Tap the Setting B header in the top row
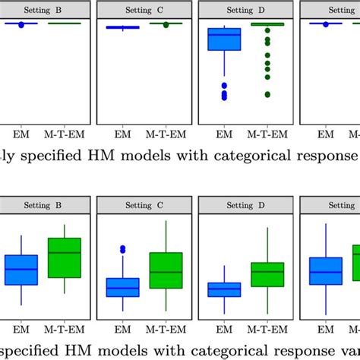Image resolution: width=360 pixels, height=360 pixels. point(43,10)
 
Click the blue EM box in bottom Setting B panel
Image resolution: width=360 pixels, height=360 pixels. point(21,270)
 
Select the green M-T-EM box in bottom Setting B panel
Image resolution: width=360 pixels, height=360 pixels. point(64,257)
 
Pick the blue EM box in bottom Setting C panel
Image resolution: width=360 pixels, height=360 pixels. point(122,287)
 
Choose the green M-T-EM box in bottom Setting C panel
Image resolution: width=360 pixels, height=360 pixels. point(166,270)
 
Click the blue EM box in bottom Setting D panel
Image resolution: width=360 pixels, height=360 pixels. point(224,289)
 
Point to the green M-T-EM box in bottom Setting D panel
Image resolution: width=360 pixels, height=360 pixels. point(267,274)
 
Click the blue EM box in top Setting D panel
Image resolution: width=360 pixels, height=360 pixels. point(224,39)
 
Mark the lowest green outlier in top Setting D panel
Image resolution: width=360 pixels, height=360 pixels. point(267,94)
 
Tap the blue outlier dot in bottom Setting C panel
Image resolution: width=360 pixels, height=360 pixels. point(122,249)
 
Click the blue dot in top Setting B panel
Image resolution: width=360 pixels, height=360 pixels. point(21,25)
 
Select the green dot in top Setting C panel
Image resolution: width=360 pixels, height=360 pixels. point(166,25)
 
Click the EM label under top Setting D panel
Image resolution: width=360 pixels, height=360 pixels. point(224,134)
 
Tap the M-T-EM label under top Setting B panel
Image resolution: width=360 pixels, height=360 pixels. point(64,134)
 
